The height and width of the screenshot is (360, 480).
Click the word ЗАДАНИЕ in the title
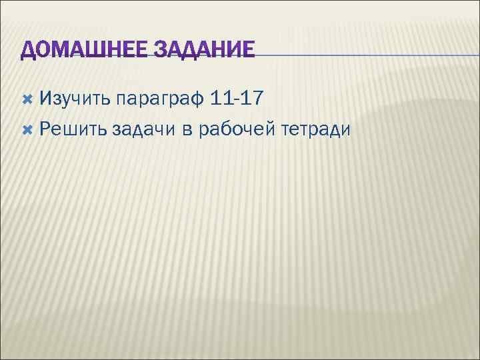205,51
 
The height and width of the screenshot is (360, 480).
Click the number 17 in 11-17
253,99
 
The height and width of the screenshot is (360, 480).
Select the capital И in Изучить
45,99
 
